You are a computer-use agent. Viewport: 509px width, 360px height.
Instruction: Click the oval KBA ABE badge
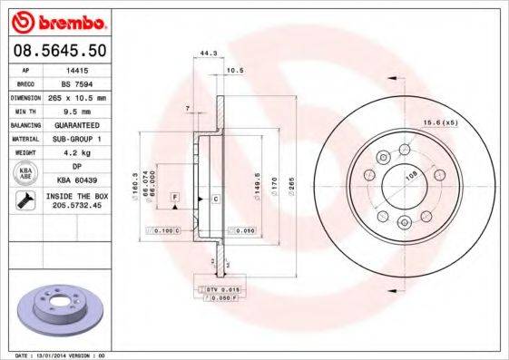point(25,173)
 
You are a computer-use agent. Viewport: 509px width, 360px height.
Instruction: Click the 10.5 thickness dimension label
point(237,70)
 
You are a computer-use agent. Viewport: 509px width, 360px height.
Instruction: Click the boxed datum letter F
point(174,197)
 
